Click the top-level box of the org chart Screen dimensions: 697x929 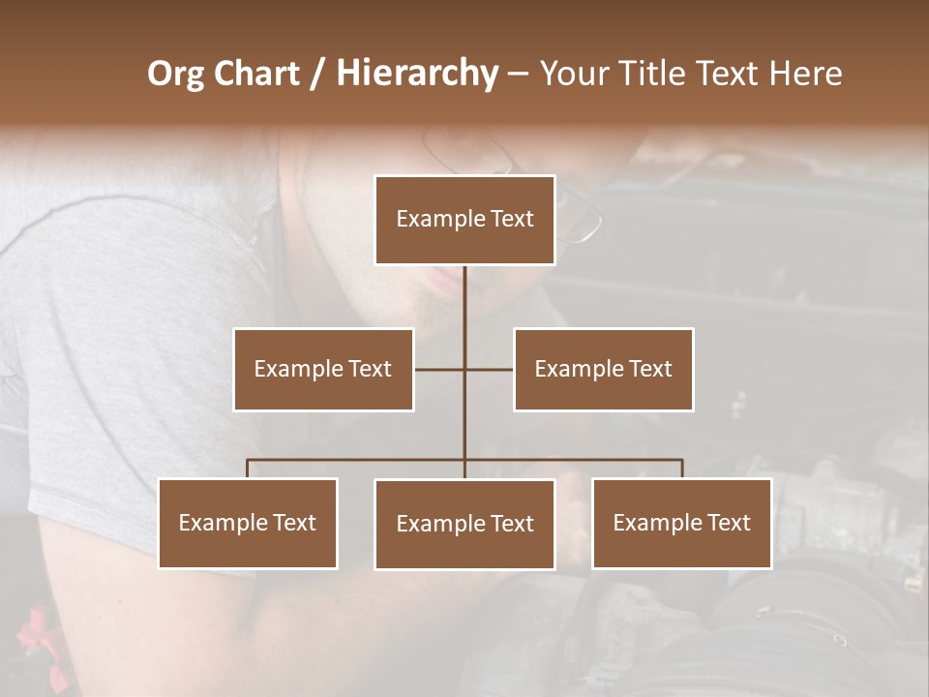pyautogui.click(x=464, y=220)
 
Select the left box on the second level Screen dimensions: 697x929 pyautogui.click(x=323, y=369)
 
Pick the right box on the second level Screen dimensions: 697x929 pyautogui.click(x=603, y=369)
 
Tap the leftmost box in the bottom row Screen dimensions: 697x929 pyautogui.click(x=248, y=523)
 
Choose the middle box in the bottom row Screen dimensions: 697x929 pyautogui.click(x=464, y=524)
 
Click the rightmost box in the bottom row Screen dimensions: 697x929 pyautogui.click(x=681, y=523)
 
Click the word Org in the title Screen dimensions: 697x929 pyautogui.click(x=175, y=74)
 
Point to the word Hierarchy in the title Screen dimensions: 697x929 pyautogui.click(x=416, y=74)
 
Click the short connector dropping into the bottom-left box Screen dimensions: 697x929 pyautogui.click(x=248, y=469)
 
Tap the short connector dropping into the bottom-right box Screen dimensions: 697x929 pyautogui.click(x=681, y=469)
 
